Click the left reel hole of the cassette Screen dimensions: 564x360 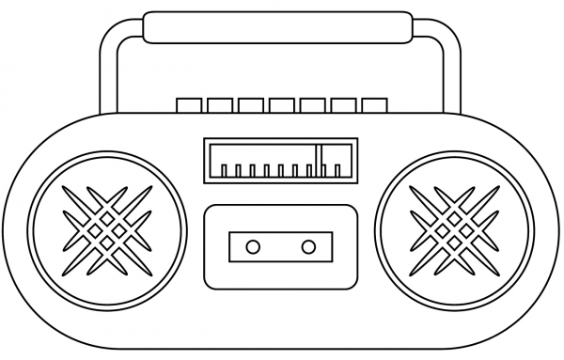tap(253, 247)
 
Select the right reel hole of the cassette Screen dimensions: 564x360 tap(308, 247)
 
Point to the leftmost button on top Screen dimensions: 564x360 tap(189, 104)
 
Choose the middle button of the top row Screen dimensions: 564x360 tap(282, 104)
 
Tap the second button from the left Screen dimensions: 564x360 tap(220, 104)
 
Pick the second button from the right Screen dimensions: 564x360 tap(343, 104)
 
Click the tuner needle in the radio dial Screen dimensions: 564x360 tap(320, 160)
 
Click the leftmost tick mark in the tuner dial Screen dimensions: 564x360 tap(224, 171)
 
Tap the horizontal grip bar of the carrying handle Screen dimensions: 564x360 tap(278, 25)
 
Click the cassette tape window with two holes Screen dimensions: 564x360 tap(280, 247)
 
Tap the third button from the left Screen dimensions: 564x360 tap(251, 104)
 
